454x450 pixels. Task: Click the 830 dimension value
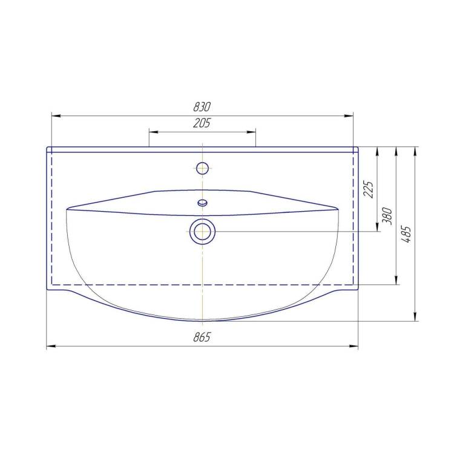202,107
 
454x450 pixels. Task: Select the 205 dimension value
202,123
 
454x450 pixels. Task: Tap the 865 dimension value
202,337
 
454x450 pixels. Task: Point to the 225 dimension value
369,189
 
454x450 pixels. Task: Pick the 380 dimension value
387,216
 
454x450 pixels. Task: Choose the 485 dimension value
407,234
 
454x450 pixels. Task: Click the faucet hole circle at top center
202,168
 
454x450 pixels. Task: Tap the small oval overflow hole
202,203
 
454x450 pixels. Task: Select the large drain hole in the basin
202,232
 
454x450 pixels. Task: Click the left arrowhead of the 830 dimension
56,116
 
